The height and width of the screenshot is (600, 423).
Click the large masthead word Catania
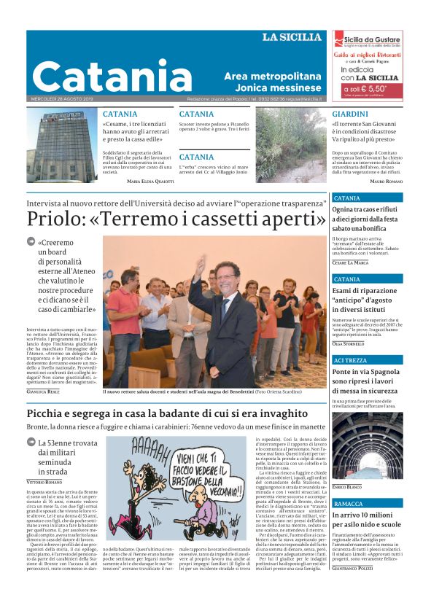tap(102, 76)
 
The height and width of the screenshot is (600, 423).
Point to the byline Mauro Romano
tap(386, 180)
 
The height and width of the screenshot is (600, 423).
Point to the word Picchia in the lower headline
tap(52, 415)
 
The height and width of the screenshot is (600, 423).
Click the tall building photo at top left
tap(62, 145)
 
